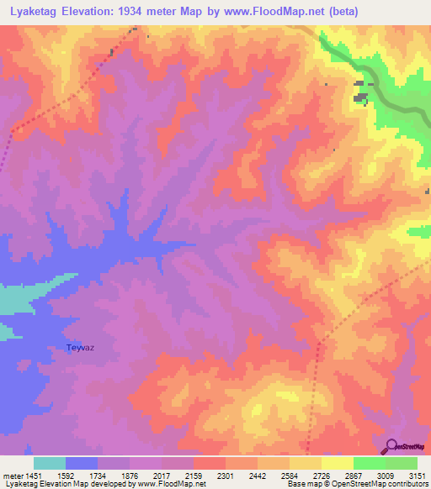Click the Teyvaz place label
[79, 347]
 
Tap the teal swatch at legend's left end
[50, 463]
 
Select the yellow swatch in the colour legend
[337, 463]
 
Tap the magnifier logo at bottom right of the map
[392, 446]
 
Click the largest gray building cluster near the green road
[361, 98]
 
